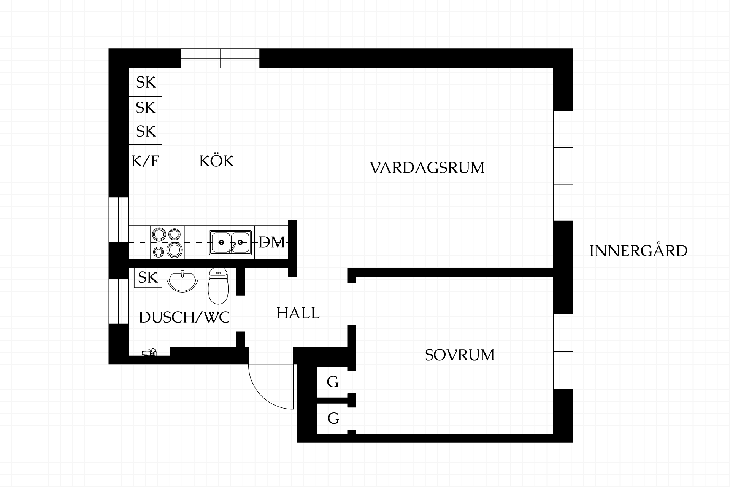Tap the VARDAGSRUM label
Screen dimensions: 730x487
coord(427,168)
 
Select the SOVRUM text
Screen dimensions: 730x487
coord(460,355)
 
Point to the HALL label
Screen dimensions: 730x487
coord(298,313)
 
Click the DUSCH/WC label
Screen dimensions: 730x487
coord(184,317)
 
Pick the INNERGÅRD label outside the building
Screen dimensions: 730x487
coord(638,251)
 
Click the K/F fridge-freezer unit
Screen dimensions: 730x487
coord(145,161)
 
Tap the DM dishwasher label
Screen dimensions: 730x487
coord(271,242)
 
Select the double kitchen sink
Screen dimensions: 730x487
coord(230,242)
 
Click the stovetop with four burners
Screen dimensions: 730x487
coord(167,242)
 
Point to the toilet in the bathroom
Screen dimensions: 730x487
coord(218,286)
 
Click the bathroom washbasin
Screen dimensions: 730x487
coord(182,280)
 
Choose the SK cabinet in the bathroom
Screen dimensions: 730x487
coord(148,278)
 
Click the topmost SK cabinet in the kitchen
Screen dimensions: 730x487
coord(145,82)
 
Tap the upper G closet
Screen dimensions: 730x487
coord(333,382)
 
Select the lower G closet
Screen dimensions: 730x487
coord(333,419)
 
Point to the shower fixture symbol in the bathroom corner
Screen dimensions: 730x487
coord(149,352)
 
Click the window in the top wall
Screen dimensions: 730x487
coord(220,58)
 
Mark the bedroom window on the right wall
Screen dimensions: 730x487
coord(563,351)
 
